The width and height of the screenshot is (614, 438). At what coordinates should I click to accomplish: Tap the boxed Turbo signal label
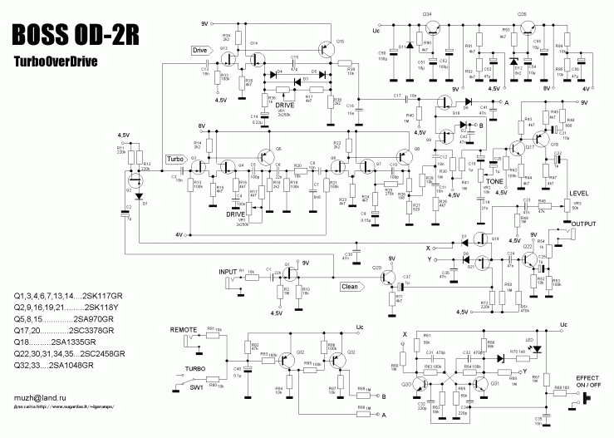coord(175,159)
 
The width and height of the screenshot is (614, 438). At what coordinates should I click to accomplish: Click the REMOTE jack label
coord(184,330)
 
